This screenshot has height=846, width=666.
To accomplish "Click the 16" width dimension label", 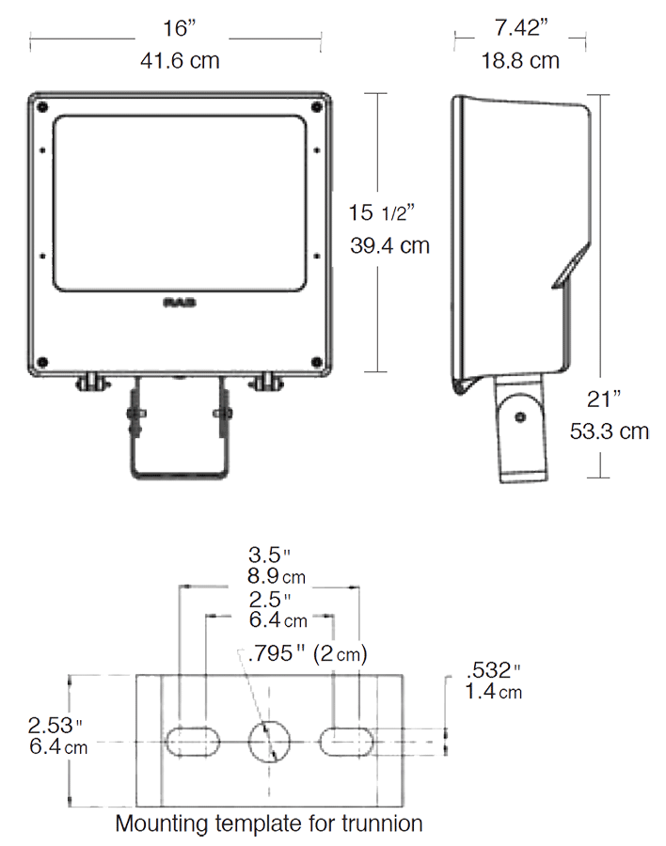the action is (176, 28).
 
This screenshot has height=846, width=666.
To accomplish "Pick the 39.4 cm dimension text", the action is (389, 246).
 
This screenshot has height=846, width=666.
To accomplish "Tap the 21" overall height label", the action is (605, 399).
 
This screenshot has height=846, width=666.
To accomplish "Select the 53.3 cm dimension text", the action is (610, 431).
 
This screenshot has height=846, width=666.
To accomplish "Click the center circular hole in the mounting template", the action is (272, 742).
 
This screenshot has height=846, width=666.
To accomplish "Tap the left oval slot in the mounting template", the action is (193, 742).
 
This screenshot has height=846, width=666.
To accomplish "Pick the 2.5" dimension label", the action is (270, 599).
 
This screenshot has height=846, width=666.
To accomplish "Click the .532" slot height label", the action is (493, 671).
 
